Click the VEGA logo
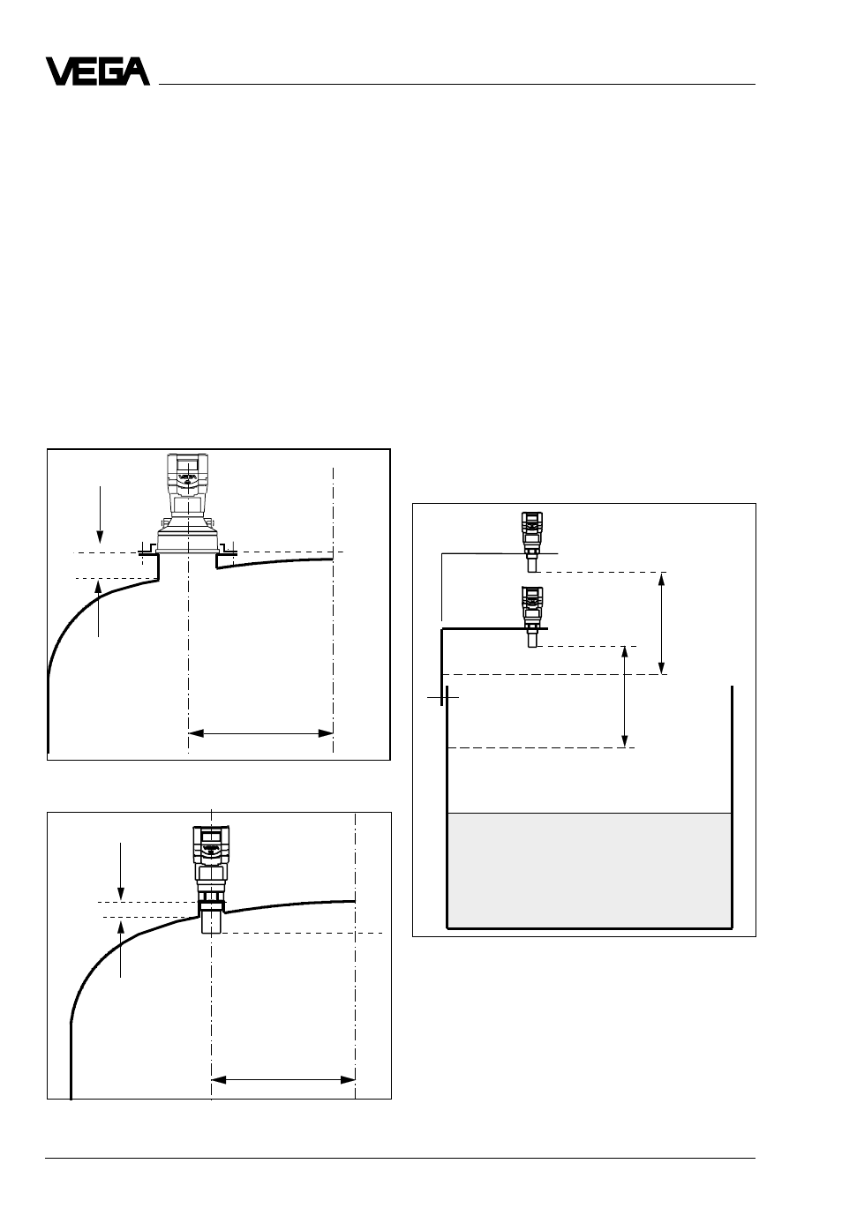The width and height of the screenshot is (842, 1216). (98, 71)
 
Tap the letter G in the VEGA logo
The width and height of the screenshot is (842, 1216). (113, 71)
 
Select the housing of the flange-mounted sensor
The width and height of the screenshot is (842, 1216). (187, 503)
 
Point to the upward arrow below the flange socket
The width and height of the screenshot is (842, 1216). (98, 607)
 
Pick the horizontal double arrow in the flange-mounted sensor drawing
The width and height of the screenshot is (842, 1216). (260, 733)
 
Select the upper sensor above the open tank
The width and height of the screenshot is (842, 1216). (532, 542)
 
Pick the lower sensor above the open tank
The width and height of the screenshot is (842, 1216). (532, 617)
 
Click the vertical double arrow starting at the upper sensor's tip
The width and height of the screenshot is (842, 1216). (661, 623)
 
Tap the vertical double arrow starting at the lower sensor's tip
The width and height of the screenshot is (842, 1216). (624, 696)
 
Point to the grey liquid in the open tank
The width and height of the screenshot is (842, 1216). (589, 870)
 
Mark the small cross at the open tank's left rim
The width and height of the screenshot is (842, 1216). (442, 697)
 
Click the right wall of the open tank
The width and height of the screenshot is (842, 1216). (732, 807)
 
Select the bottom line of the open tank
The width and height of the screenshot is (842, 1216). (589, 928)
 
